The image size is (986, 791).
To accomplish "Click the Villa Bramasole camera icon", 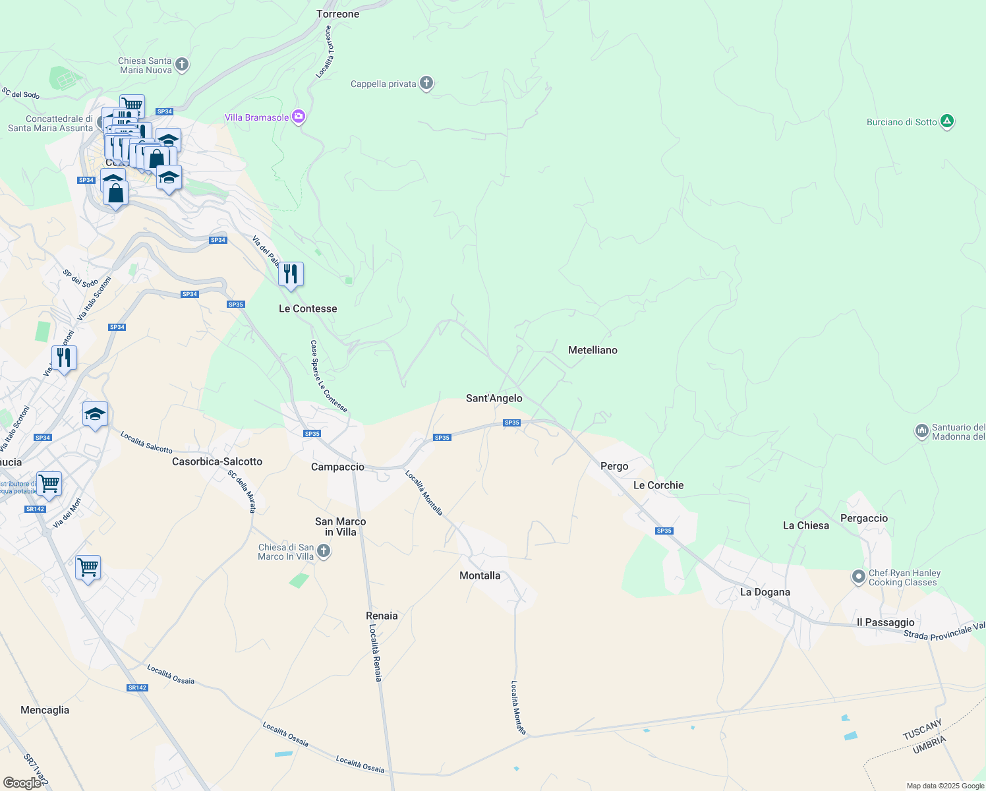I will tap(299, 117).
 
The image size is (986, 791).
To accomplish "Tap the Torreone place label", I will tap(338, 14).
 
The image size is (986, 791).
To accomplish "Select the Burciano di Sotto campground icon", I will tap(947, 121).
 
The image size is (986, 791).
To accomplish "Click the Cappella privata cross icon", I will tap(426, 83).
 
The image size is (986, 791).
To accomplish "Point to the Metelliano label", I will tap(593, 350).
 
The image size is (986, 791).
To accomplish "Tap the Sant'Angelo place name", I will tap(494, 398).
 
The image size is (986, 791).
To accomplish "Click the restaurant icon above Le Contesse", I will tap(291, 274).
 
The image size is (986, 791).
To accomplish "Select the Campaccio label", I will tap(337, 467).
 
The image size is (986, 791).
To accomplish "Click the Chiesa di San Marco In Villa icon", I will tap(323, 551).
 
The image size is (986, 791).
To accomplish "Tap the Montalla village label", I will tap(480, 575).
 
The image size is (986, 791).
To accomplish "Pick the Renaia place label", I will tap(382, 616).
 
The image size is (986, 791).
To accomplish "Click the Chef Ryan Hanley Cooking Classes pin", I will tap(858, 577).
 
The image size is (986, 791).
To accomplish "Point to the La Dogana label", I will tap(765, 592).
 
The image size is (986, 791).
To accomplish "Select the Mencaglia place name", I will tap(45, 710).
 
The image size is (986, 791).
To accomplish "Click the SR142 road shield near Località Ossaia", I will tap(137, 688).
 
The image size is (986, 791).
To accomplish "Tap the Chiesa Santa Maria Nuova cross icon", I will tap(183, 65).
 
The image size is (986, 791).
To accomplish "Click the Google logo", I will tap(22, 783).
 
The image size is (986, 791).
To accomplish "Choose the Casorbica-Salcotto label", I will tap(217, 461).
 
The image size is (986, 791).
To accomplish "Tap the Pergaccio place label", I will tap(863, 518).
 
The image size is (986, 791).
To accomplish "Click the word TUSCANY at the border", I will tap(922, 730).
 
